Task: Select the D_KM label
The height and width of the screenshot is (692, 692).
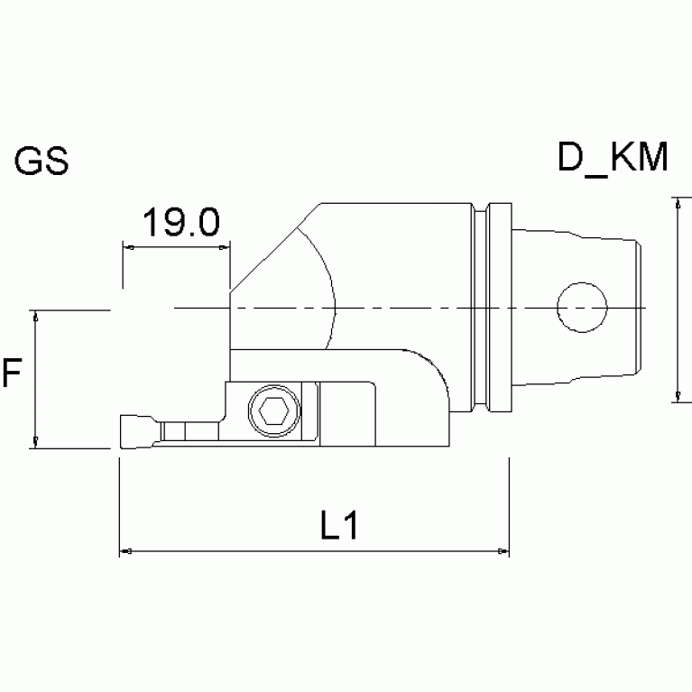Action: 613,159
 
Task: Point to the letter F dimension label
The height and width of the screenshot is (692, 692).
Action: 12,373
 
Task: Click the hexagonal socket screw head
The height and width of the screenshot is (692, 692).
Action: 274,411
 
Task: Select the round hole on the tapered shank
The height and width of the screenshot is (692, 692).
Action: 580,308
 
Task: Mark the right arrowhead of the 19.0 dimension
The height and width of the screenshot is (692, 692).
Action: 226,245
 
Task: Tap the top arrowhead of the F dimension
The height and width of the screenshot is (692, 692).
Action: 35,315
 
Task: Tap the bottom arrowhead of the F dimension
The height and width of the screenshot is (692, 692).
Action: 35,441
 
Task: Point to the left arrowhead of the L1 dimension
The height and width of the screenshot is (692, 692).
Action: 125,549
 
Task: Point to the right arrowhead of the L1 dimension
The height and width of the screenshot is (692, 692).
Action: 503,549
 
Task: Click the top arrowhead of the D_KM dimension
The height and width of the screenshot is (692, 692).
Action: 677,204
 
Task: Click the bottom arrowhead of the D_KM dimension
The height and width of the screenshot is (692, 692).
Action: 677,396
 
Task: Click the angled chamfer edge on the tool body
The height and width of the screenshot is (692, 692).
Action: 271,247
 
